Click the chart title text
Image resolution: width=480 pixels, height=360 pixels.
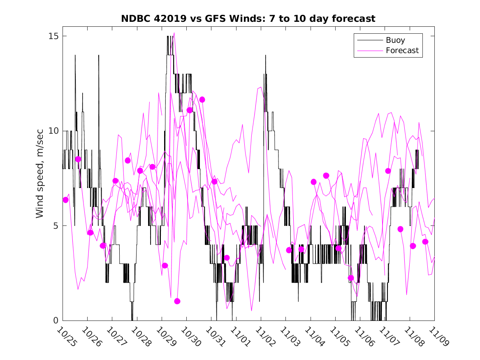pyautogui.click(x=248, y=19)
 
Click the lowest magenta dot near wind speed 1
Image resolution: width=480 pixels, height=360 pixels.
pyautogui.click(x=177, y=301)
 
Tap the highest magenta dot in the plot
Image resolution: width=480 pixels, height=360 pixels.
pyautogui.click(x=202, y=100)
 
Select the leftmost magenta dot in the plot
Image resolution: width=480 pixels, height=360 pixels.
pyautogui.click(x=65, y=200)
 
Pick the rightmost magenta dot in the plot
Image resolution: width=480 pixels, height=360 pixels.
pyautogui.click(x=425, y=242)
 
